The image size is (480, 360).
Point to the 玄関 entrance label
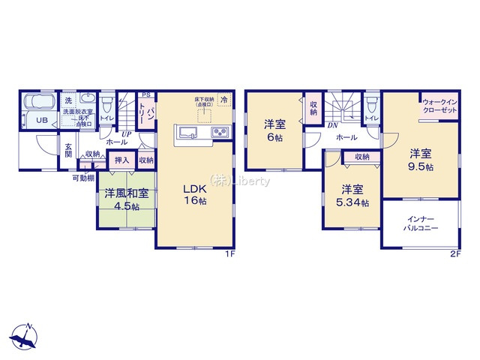[x=68, y=150]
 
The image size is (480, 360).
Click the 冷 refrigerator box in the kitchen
[x=224, y=99]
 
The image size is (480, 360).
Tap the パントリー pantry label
[x=151, y=117]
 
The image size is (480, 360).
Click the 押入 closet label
[x=120, y=160]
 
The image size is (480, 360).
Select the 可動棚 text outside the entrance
[x=82, y=178]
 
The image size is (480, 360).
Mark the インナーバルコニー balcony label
[x=420, y=221]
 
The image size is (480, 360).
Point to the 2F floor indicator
[x=454, y=253]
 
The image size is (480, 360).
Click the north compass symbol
[x=26, y=337]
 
